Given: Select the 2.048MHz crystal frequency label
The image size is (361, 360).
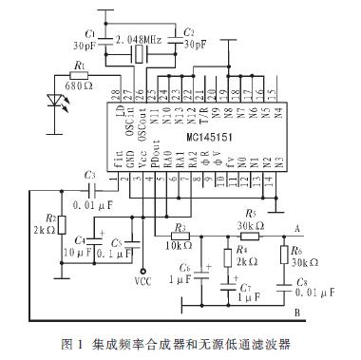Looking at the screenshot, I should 140,39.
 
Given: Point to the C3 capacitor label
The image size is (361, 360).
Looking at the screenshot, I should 89,175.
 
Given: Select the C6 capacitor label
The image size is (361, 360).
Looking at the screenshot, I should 183,269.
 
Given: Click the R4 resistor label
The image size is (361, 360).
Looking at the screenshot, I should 241,251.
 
